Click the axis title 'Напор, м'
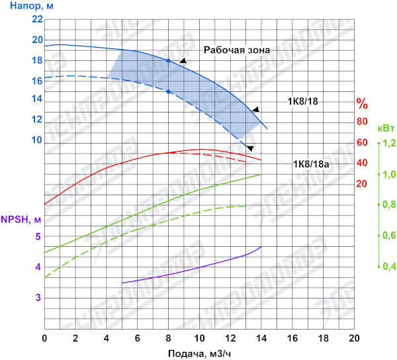pyautogui.click(x=22, y=7)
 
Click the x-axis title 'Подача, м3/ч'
pyautogui.click(x=199, y=352)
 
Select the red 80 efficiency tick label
pyautogui.click(x=362, y=122)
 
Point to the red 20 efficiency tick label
pyautogui.click(x=362, y=183)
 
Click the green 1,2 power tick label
pyautogui.click(x=387, y=143)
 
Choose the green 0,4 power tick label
pyautogui.click(x=387, y=267)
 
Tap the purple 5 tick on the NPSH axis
pyautogui.click(x=38, y=237)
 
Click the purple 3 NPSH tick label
pyautogui.click(x=38, y=298)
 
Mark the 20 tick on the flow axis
pyautogui.click(x=353, y=337)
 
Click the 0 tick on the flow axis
pyautogui.click(x=44, y=337)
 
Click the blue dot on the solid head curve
pyautogui.click(x=169, y=61)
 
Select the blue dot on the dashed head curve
pyautogui.click(x=169, y=91)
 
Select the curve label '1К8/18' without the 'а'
pyautogui.click(x=302, y=102)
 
